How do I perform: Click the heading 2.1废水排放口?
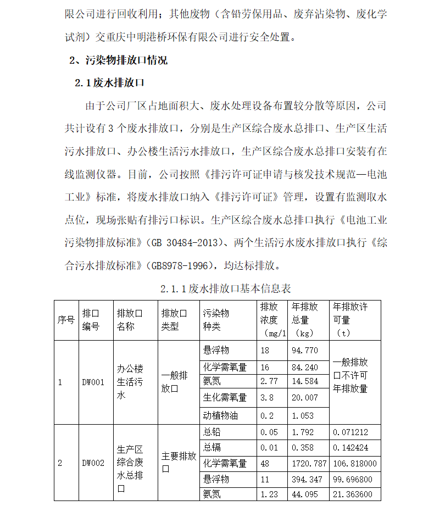(x=109, y=83)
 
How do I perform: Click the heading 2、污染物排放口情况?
(x=118, y=60)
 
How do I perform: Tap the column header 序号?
(x=66, y=320)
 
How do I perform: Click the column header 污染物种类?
(x=216, y=320)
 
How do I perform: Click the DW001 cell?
(x=92, y=382)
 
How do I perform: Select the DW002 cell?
(x=92, y=463)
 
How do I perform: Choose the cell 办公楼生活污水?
(x=130, y=382)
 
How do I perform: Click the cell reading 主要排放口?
(x=179, y=463)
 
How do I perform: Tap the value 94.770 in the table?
(x=305, y=351)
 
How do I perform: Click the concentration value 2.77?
(x=270, y=381)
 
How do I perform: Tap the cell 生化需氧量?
(x=225, y=397)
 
